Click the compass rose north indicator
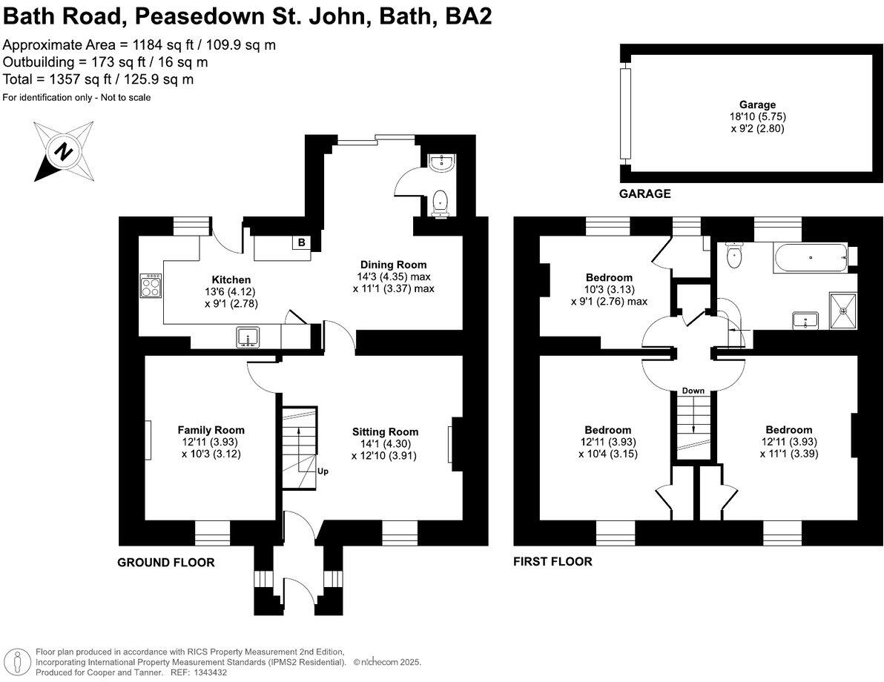click(63, 152)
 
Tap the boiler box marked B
click(301, 243)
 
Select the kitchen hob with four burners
click(151, 286)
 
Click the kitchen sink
click(248, 337)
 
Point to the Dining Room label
click(393, 265)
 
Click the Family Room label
click(211, 430)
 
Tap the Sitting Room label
click(385, 431)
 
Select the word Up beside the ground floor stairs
click(323, 471)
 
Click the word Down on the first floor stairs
click(693, 391)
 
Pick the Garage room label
click(756, 105)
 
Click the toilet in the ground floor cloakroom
click(441, 202)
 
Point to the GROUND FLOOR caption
click(166, 563)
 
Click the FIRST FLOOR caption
click(552, 561)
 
